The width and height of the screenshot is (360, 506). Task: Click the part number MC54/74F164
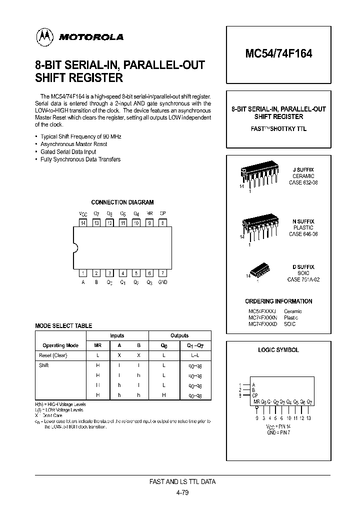pyautogui.click(x=278, y=54)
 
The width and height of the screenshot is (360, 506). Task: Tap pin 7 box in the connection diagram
pyautogui.click(x=162, y=273)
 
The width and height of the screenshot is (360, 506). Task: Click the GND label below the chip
pyautogui.click(x=162, y=282)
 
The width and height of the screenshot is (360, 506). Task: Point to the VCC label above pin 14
pyautogui.click(x=83, y=213)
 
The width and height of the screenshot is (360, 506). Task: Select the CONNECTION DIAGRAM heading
pyautogui.click(x=122, y=202)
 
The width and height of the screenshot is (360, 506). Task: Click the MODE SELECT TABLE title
pyautogui.click(x=63, y=325)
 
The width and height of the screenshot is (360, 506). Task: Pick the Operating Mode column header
pyautogui.click(x=60, y=345)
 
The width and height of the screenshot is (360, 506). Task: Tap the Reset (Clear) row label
pyautogui.click(x=53, y=355)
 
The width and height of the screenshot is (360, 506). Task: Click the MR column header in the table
pyautogui.click(x=97, y=345)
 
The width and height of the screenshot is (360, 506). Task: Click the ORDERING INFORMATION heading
pyautogui.click(x=278, y=301)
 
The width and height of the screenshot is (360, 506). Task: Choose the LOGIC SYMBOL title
pyautogui.click(x=278, y=350)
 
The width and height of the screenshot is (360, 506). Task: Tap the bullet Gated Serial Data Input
pyautogui.click(x=68, y=151)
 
